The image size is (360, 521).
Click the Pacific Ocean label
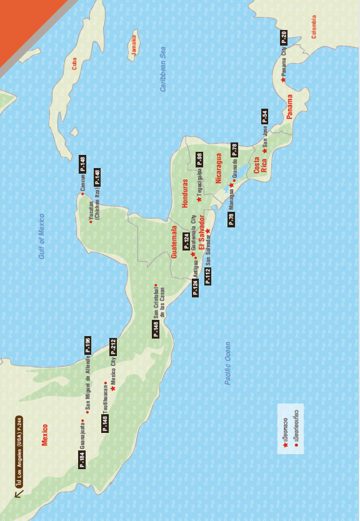[228, 363]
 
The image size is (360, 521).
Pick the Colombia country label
[314, 27]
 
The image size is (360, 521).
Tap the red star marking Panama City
[283, 80]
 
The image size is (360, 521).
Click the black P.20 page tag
[283, 37]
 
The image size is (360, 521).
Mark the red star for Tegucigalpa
[199, 199]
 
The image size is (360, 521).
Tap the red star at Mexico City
[113, 389]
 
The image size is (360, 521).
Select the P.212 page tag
[113, 347]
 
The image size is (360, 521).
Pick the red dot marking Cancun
[82, 193]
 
